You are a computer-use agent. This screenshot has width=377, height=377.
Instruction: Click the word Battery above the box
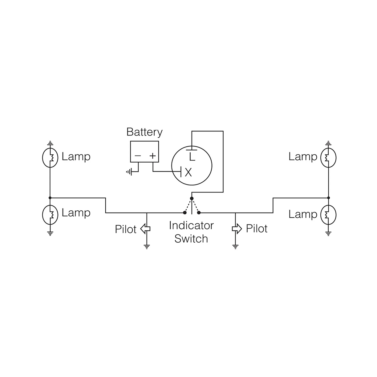click(x=144, y=132)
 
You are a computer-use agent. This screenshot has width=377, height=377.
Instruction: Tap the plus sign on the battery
click(x=152, y=156)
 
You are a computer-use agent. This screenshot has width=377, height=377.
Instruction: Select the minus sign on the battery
click(x=138, y=156)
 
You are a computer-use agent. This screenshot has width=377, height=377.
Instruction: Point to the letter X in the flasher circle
click(x=188, y=172)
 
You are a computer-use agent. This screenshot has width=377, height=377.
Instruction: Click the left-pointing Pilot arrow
click(x=145, y=229)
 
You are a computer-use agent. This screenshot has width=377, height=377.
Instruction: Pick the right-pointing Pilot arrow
click(x=237, y=229)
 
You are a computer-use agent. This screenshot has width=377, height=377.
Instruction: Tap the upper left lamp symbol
click(x=50, y=158)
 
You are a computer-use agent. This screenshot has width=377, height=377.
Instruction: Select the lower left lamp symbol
click(x=50, y=214)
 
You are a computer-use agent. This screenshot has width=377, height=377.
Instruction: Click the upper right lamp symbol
click(x=328, y=158)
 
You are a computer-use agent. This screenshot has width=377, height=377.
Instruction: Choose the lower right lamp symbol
click(x=328, y=215)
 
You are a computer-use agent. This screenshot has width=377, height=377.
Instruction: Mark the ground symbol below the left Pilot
click(x=147, y=246)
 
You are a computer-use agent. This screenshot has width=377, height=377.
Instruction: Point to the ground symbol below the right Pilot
click(x=235, y=246)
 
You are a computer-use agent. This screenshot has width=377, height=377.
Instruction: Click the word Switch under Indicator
click(x=191, y=239)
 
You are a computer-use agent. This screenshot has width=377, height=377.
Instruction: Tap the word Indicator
click(x=191, y=225)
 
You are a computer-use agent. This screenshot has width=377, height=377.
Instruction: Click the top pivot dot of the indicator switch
click(x=192, y=198)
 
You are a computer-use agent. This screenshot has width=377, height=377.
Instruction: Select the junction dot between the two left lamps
click(x=50, y=198)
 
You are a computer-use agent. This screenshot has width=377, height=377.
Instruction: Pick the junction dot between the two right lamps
click(x=328, y=198)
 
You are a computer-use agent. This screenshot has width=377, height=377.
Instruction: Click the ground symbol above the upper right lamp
click(x=328, y=143)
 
